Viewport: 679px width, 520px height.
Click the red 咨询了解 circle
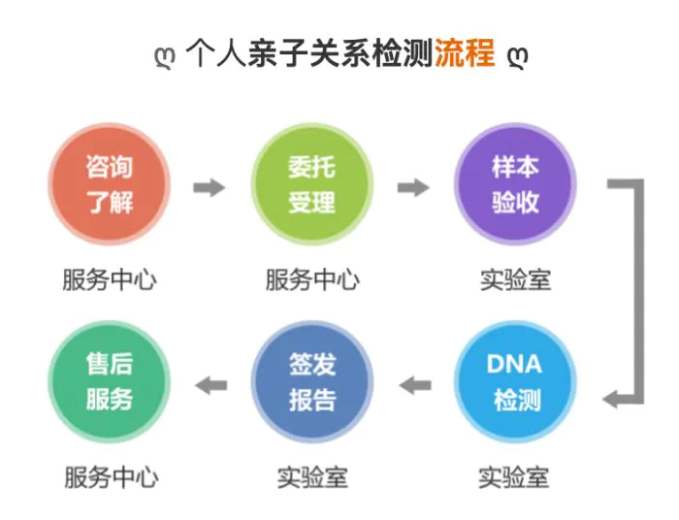click(109, 184)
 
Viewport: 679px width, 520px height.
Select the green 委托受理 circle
click(312, 184)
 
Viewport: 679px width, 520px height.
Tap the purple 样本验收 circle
click(515, 184)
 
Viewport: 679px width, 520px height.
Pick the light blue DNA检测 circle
click(515, 382)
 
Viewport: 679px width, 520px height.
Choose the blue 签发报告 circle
click(312, 382)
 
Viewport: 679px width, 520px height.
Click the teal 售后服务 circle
click(109, 382)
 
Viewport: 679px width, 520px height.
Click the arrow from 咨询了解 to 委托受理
click(210, 187)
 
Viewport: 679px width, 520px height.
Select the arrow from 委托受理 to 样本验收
click(413, 187)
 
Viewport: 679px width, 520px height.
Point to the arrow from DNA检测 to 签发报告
click(415, 385)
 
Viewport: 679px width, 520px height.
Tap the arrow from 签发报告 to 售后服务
click(210, 385)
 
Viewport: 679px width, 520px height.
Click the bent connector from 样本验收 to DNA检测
click(639, 292)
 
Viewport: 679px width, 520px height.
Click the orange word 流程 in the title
click(465, 52)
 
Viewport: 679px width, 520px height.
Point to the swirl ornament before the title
click(166, 57)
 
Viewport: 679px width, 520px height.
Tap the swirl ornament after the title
click(518, 57)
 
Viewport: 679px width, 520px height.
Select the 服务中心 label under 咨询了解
click(110, 279)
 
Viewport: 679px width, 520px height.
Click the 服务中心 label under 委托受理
click(312, 279)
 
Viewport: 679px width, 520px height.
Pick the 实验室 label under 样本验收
click(515, 279)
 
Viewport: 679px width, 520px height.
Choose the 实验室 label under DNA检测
click(514, 477)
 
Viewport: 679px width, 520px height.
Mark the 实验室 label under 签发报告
click(312, 477)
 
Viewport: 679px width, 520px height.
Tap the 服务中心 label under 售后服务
click(112, 477)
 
